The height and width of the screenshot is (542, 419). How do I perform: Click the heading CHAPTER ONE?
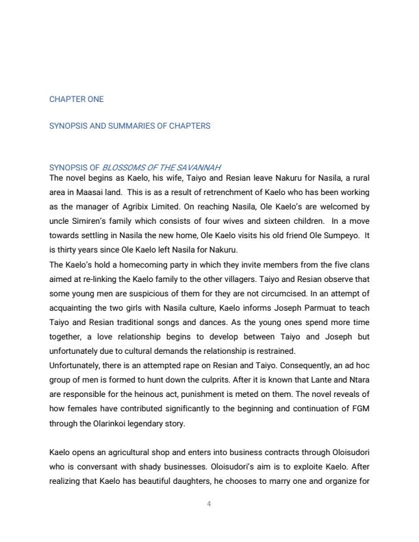pyautogui.click(x=77, y=99)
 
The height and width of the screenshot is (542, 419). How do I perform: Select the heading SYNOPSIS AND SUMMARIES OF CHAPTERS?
pyautogui.click(x=129, y=126)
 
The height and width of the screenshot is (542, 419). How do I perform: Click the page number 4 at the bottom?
pyautogui.click(x=209, y=504)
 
